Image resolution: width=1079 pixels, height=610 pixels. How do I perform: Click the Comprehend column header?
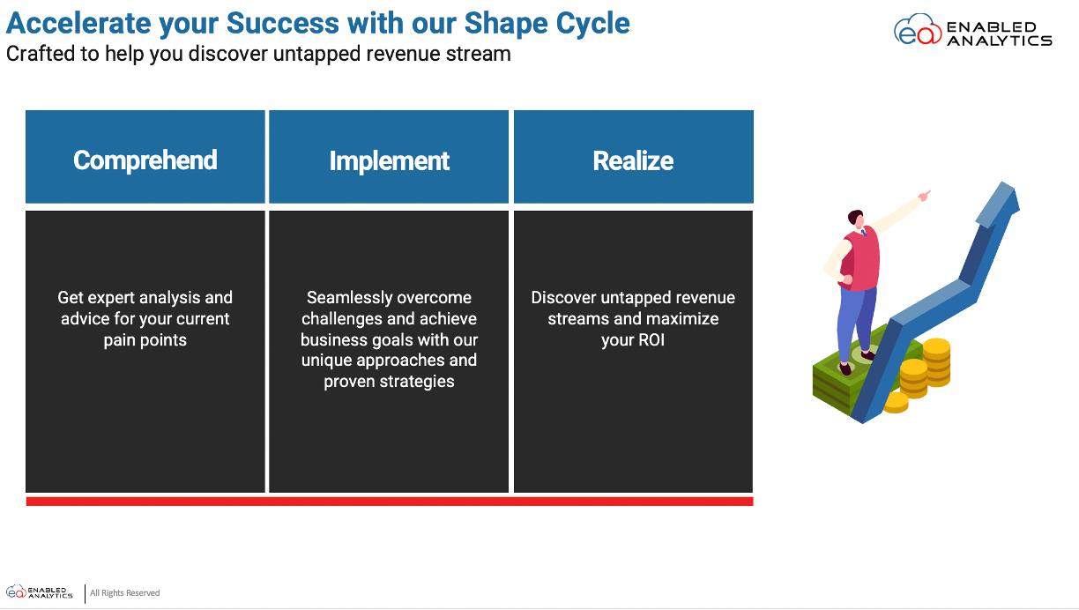(x=145, y=157)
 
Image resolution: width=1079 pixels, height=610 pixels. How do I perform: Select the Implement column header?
(x=389, y=157)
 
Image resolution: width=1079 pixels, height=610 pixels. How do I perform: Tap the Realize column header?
(x=634, y=157)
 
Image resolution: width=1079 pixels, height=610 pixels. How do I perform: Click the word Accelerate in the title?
(x=78, y=23)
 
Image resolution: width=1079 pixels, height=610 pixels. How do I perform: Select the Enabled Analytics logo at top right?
(x=972, y=30)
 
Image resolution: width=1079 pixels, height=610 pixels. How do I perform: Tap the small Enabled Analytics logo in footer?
(x=39, y=592)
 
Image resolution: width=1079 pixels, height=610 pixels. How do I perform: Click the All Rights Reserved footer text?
(x=125, y=593)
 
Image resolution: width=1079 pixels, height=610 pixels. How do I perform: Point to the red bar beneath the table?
(x=390, y=502)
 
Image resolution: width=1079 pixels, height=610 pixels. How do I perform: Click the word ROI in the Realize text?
(x=651, y=340)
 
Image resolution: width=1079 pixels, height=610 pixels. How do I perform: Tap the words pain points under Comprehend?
(x=145, y=340)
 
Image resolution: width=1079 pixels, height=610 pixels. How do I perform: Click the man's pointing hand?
(x=925, y=195)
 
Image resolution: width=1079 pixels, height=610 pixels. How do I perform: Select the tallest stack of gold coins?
(x=936, y=362)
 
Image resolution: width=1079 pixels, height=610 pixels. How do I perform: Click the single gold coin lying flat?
(x=896, y=402)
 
